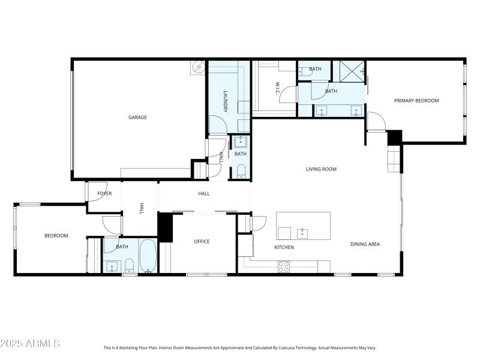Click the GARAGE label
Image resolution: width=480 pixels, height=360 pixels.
pos(137,118)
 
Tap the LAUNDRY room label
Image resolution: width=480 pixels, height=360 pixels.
pos(226,101)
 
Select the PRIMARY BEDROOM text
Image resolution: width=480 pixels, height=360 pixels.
pos(416,101)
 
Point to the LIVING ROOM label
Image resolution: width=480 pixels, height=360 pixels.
pos(321,169)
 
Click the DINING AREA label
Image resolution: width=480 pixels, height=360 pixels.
pos(365,244)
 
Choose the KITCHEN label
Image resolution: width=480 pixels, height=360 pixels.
pos(284,247)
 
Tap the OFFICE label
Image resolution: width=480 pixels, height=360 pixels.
pos(202,242)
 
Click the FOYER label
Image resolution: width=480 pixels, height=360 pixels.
pos(104,193)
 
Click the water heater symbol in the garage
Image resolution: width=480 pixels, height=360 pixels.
pos(199,67)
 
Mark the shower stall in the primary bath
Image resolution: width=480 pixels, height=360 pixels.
pos(349,71)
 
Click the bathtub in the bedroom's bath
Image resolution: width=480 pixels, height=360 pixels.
pos(148,256)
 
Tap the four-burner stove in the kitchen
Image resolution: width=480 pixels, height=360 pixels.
pos(283,266)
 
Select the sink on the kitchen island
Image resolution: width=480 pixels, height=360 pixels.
pos(302,232)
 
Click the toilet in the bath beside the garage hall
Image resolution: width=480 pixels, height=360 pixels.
pos(241,173)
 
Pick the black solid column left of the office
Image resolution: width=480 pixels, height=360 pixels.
pos(165,227)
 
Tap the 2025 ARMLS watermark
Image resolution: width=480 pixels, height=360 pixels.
pos(30,344)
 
